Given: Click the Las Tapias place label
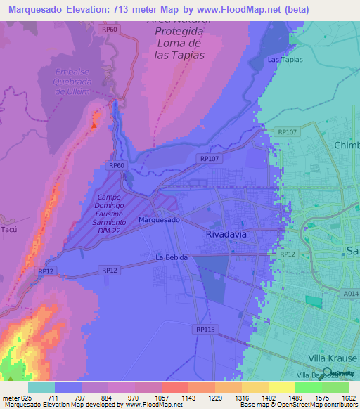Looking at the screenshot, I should tap(285, 60).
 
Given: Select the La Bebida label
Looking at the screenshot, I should tap(172, 258).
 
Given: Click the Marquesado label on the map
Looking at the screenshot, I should tap(159, 220).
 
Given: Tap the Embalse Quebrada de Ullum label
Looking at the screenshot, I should tap(74, 82).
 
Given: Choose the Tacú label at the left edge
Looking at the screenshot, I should tap(7, 230).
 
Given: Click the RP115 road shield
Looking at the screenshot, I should tap(205, 329).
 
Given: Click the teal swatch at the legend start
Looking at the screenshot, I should tap(41, 387).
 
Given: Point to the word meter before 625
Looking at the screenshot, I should tap(10, 398).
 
